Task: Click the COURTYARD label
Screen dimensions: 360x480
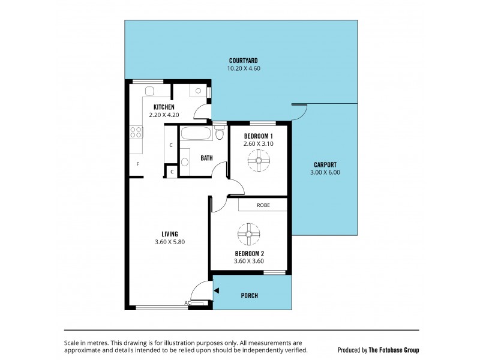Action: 243,61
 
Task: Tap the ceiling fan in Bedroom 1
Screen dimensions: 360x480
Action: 259,160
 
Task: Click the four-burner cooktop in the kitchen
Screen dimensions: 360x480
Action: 136,133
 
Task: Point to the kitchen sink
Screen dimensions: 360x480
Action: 150,91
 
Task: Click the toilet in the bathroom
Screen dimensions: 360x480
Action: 218,133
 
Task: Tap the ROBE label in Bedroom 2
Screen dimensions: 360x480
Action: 263,205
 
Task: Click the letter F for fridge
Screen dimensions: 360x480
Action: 138,164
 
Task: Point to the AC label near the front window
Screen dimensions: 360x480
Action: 188,303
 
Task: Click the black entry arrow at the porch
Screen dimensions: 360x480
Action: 217,291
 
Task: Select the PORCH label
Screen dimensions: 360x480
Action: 249,295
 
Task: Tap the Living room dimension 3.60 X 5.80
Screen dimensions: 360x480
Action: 169,242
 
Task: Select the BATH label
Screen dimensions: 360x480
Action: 206,158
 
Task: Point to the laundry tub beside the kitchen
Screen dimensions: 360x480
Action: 197,92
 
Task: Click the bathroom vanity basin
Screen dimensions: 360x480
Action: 184,160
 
